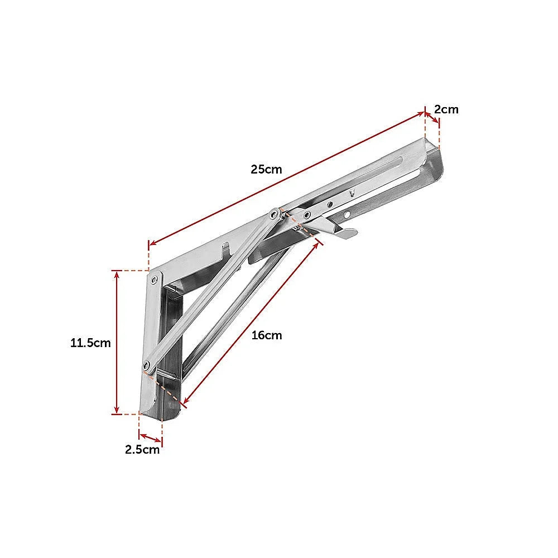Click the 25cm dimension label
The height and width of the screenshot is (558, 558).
tap(266, 169)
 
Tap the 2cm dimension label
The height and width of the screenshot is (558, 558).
tap(446, 109)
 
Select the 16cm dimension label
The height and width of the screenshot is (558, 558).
tap(267, 335)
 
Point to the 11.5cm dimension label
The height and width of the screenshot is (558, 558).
tap(90, 343)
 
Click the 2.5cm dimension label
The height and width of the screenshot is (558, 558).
tap(142, 450)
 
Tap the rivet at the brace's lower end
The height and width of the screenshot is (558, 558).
tap(147, 366)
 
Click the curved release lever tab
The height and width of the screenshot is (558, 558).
tap(340, 233)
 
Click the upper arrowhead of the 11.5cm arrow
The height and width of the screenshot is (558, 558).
tap(116, 273)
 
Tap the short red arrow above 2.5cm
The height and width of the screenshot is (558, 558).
tap(151, 436)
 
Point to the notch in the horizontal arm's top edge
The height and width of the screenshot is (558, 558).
tap(227, 248)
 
